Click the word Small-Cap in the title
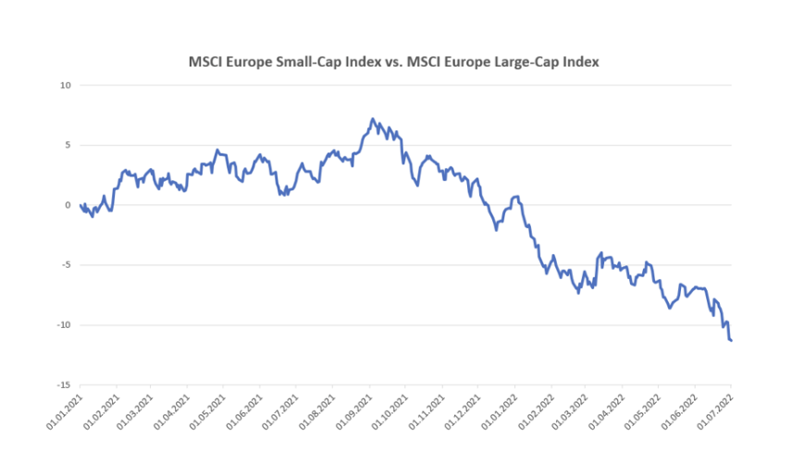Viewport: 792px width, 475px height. [313, 62]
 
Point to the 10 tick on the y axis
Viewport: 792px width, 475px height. [65, 86]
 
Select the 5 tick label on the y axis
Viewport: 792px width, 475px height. [68, 145]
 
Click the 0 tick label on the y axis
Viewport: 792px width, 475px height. [68, 205]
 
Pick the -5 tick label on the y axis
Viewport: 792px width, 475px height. [66, 265]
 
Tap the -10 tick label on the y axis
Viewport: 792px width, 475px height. [64, 325]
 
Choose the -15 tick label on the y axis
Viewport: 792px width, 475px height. [64, 385]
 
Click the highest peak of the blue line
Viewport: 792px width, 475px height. [372, 119]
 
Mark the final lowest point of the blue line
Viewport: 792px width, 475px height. [731, 341]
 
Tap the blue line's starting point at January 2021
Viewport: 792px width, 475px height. [81, 205]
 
